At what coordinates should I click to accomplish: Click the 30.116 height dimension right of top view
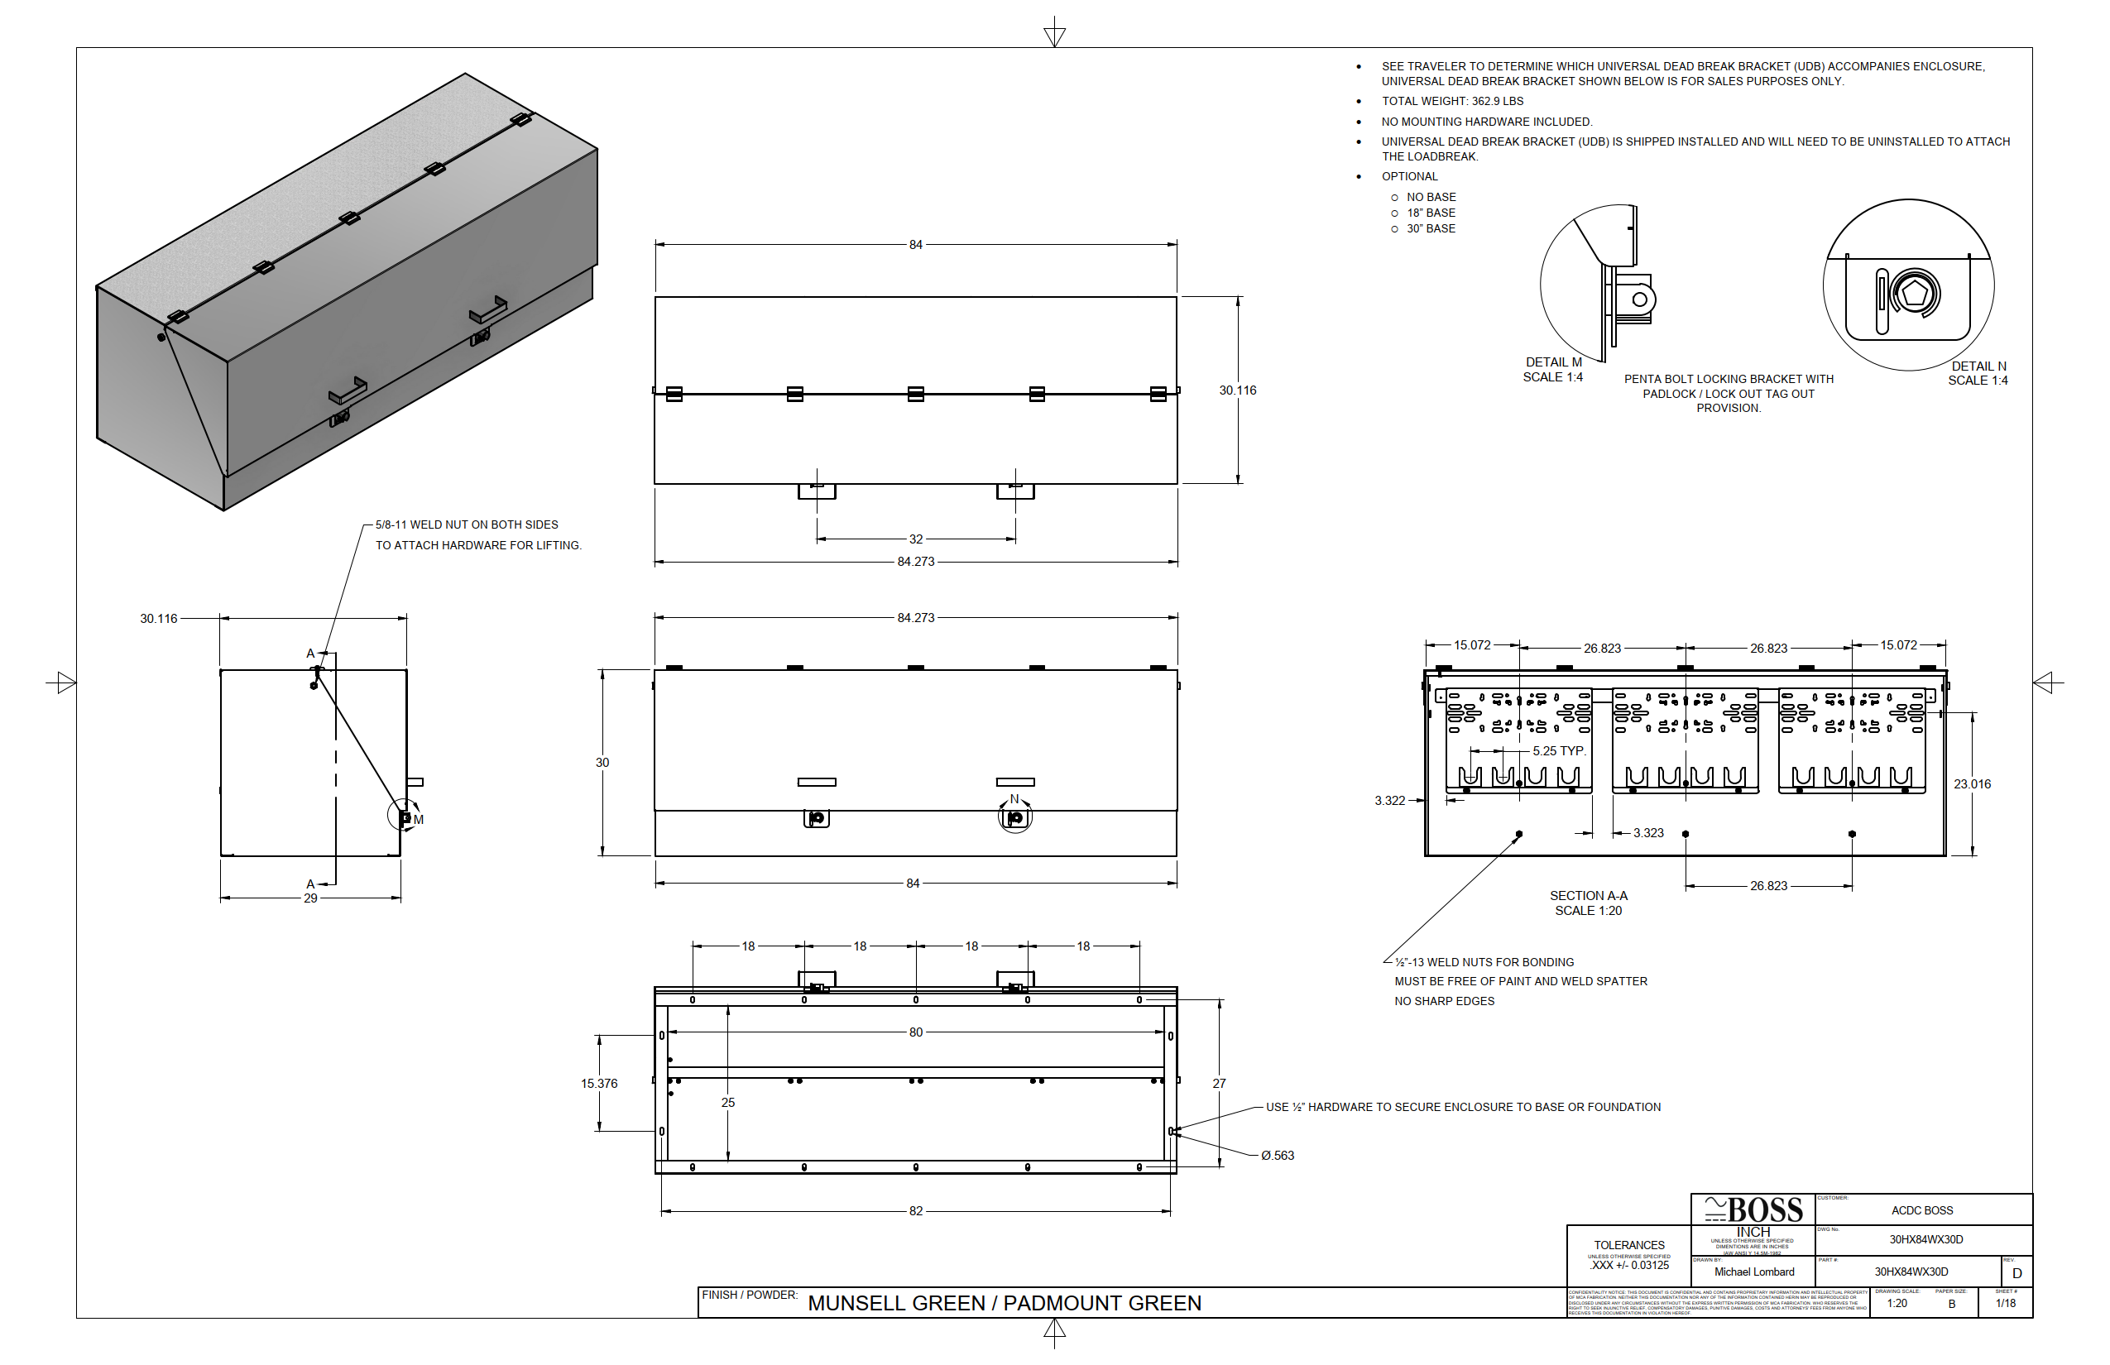click(x=1237, y=390)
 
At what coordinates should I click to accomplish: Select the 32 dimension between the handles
click(x=916, y=539)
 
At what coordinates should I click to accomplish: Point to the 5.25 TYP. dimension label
click(x=1559, y=751)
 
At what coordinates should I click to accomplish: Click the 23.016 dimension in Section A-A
click(x=1972, y=783)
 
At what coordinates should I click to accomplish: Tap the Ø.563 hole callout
click(x=1278, y=1155)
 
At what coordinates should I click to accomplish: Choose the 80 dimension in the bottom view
click(x=916, y=1032)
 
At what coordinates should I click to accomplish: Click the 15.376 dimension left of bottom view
click(x=599, y=1083)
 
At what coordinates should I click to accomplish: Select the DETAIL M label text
click(x=1553, y=362)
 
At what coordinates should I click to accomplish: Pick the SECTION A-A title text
click(x=1589, y=895)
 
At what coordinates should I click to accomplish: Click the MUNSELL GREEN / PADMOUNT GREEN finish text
click(x=1005, y=1303)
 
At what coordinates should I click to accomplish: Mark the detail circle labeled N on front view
click(x=1015, y=817)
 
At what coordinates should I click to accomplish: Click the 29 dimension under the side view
click(x=310, y=898)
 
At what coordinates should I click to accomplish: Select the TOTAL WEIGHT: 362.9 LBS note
click(x=1452, y=101)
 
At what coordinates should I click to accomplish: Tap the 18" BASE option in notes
click(x=1431, y=213)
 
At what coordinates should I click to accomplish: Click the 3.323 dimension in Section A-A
click(x=1648, y=832)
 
